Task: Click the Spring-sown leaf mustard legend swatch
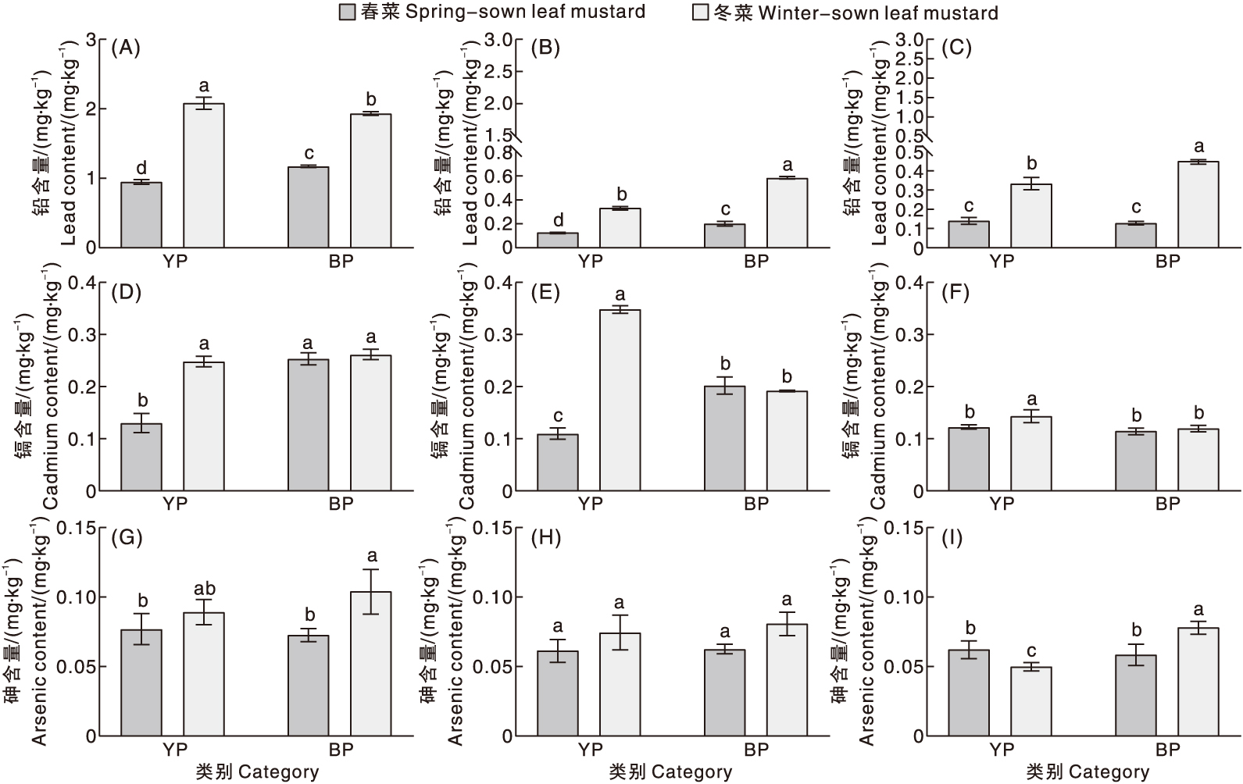click(x=348, y=12)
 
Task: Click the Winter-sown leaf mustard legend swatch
click(x=701, y=12)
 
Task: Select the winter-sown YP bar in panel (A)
click(x=204, y=175)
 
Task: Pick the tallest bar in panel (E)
click(x=620, y=400)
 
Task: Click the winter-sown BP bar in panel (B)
click(x=787, y=212)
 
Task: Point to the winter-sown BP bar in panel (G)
click(x=371, y=663)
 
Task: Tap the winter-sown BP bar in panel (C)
click(x=1198, y=205)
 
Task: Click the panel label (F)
click(x=956, y=293)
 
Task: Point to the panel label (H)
click(x=545, y=539)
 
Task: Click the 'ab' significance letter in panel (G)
click(x=204, y=589)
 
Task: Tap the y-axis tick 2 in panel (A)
click(x=91, y=109)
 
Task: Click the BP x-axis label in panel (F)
click(x=1168, y=504)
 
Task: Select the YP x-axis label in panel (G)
click(x=175, y=750)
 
